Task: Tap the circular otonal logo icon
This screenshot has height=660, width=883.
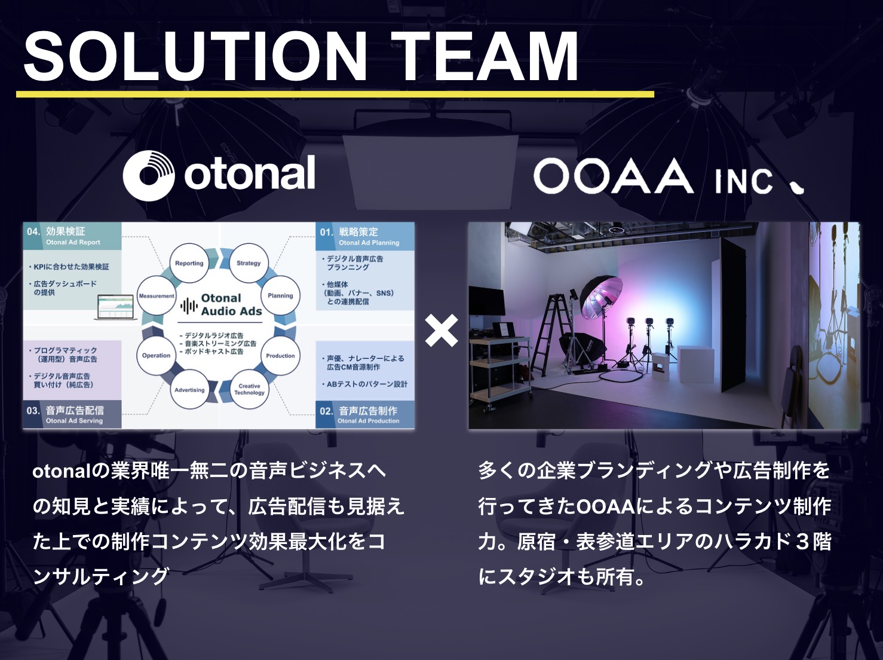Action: pyautogui.click(x=149, y=176)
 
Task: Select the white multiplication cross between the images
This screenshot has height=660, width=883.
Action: pyautogui.click(x=441, y=331)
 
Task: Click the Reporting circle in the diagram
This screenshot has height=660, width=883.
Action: pyautogui.click(x=189, y=263)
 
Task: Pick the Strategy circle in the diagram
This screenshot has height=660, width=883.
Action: pyautogui.click(x=249, y=263)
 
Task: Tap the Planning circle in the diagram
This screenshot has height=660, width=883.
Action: pyautogui.click(x=280, y=295)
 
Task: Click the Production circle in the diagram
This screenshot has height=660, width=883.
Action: pyautogui.click(x=280, y=356)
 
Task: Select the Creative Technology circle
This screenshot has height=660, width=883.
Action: pyautogui.click(x=249, y=389)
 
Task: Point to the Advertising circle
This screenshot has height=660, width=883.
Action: pyautogui.click(x=189, y=389)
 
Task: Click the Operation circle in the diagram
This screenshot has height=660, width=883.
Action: pyautogui.click(x=157, y=356)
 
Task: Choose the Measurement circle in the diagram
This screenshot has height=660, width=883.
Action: pyautogui.click(x=157, y=295)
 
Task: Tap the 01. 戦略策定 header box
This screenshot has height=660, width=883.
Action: pyautogui.click(x=364, y=236)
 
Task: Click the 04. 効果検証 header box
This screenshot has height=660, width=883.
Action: pyautogui.click(x=72, y=236)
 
